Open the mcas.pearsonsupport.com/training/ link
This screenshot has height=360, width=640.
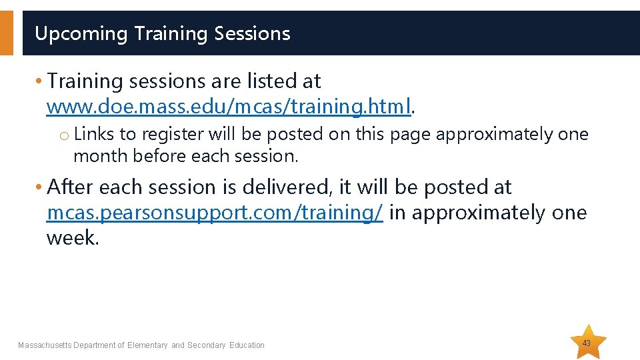coord(214,213)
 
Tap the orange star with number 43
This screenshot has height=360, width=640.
coord(587,343)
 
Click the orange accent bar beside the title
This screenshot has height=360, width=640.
coord(6,33)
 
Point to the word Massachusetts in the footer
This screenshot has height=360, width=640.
coord(45,345)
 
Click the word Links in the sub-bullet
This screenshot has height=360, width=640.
coord(94,134)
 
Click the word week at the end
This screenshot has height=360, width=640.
coord(72,238)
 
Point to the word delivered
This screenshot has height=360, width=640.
coord(291,187)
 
